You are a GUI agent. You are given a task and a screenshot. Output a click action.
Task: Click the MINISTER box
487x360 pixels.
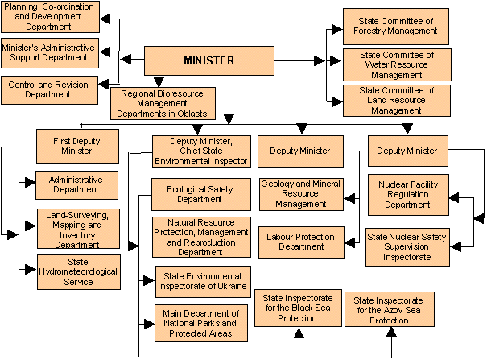208,60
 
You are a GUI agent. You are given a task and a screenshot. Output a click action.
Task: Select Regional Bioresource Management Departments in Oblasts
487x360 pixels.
159,104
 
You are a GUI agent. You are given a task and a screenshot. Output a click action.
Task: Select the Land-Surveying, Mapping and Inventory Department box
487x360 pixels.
77,229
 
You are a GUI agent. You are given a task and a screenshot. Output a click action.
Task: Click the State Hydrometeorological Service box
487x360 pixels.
77,272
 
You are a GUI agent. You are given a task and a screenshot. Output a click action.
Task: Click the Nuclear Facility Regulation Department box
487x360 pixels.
407,194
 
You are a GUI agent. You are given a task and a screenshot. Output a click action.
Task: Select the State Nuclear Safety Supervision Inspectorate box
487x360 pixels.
407,246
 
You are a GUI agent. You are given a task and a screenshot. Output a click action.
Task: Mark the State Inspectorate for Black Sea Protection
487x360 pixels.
297,307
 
